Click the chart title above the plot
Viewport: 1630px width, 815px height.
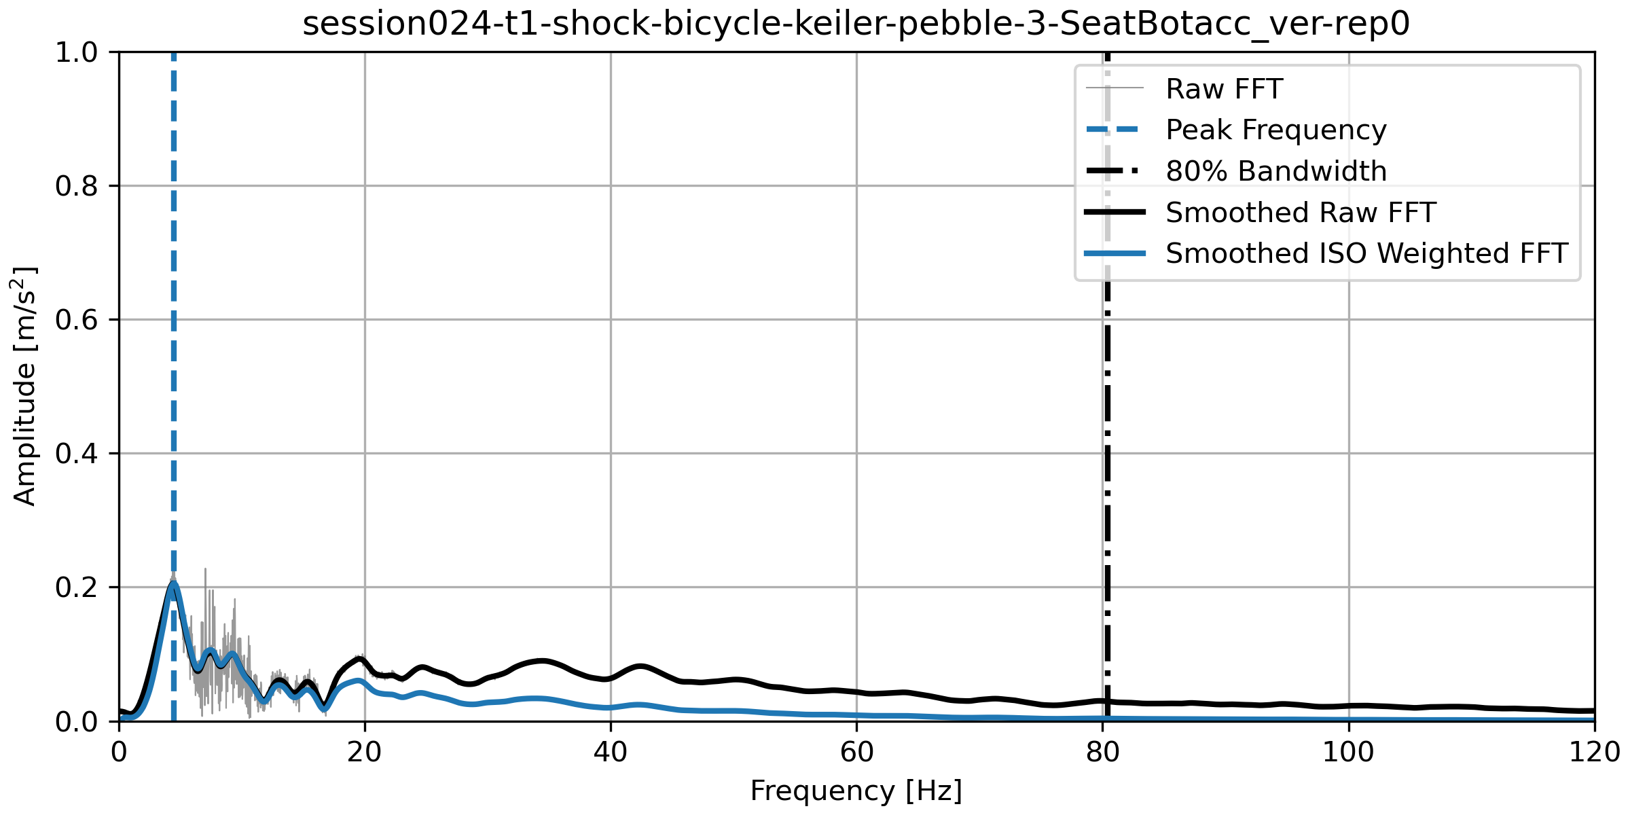point(856,24)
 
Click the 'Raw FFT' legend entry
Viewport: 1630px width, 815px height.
point(1224,89)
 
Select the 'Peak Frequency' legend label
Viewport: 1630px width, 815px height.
point(1275,130)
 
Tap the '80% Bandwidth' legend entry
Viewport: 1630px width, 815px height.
point(1275,171)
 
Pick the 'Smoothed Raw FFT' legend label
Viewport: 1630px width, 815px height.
point(1300,213)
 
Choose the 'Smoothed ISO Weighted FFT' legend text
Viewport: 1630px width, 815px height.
point(1366,253)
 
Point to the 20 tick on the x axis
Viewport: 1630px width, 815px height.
point(365,753)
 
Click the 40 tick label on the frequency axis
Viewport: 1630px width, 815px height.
point(611,753)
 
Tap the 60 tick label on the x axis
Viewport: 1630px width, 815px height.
point(856,753)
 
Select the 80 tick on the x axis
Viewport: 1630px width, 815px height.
point(1102,753)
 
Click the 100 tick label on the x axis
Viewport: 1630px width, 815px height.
point(1348,753)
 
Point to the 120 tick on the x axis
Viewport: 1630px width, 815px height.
point(1593,753)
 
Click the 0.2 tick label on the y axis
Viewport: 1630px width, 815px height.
point(77,587)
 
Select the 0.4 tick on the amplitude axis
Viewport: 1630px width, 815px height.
point(77,454)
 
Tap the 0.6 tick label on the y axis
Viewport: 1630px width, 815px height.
point(77,320)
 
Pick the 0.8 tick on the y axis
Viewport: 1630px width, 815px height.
point(77,186)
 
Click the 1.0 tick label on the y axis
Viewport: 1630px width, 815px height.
point(77,52)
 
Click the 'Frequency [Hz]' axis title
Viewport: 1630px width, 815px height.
point(856,791)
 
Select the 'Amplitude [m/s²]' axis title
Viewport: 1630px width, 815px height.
point(24,386)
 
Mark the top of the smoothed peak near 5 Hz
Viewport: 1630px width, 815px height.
point(174,583)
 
